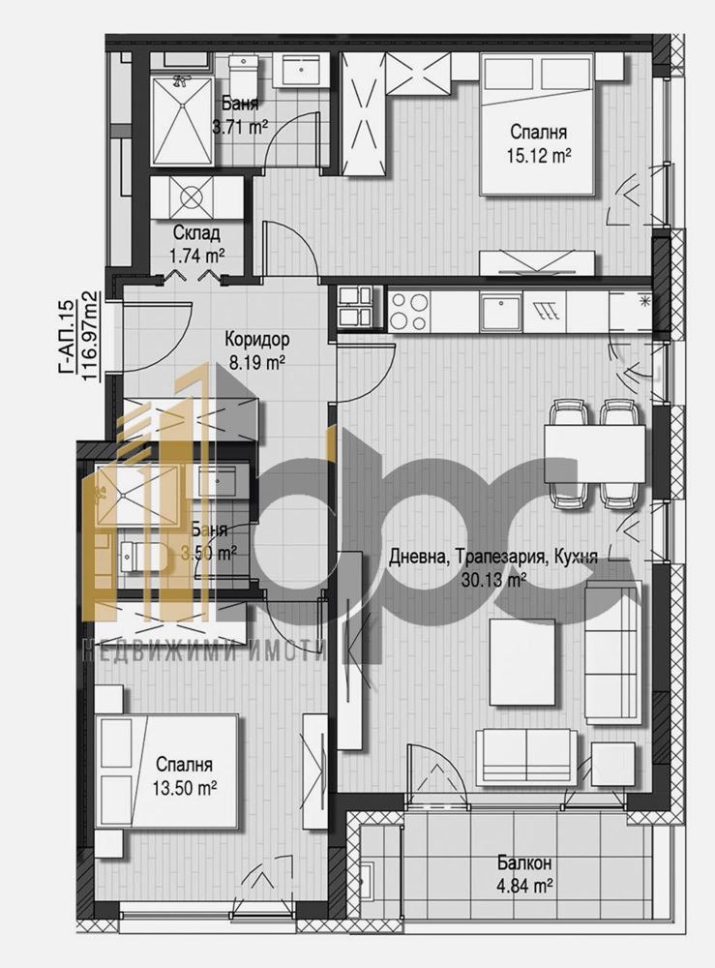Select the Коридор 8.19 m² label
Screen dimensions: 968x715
257,351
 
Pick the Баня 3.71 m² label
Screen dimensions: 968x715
239,115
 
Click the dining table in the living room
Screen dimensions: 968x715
594,453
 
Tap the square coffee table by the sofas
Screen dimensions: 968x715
522,662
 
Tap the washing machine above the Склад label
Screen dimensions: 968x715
193,197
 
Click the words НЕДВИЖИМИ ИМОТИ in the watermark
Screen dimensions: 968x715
207,651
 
